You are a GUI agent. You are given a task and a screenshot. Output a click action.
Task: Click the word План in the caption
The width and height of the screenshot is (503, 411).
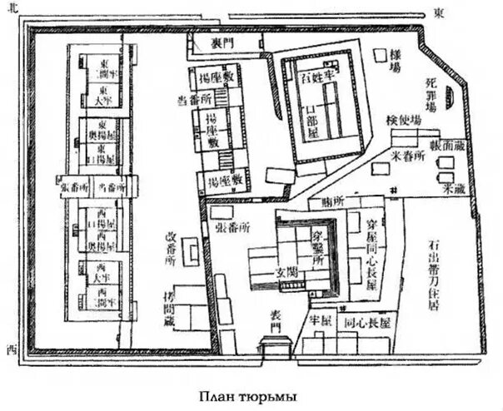[220, 396]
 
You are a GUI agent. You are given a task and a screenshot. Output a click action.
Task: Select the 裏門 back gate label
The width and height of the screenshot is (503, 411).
[221, 42]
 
